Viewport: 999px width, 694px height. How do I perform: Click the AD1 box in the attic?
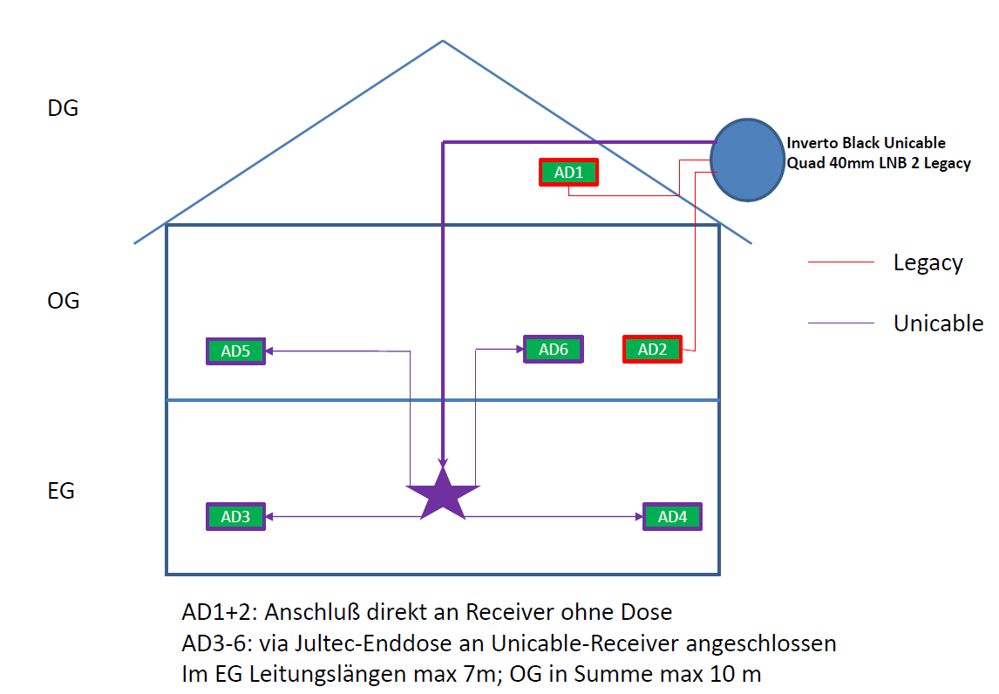(x=568, y=173)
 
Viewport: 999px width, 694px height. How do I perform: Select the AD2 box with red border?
(x=652, y=349)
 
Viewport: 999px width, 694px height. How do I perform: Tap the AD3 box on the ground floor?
(x=235, y=516)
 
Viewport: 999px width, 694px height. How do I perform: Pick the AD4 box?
(x=672, y=516)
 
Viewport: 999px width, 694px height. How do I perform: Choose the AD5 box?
(x=235, y=350)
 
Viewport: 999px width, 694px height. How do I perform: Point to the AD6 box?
(x=553, y=349)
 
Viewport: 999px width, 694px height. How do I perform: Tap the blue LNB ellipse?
(x=745, y=159)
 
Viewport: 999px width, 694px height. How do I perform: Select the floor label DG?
(x=63, y=109)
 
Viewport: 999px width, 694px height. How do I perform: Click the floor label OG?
(x=64, y=301)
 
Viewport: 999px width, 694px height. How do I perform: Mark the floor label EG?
(x=61, y=491)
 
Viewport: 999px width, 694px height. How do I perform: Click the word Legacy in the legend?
(x=928, y=262)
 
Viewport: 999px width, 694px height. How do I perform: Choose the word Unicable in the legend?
(x=938, y=323)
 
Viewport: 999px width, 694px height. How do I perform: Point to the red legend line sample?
(x=841, y=262)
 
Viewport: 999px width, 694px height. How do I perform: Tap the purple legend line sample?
(x=841, y=323)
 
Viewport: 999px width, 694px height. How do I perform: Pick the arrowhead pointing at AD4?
(x=637, y=517)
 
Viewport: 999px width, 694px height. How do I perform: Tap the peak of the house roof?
(x=443, y=41)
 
